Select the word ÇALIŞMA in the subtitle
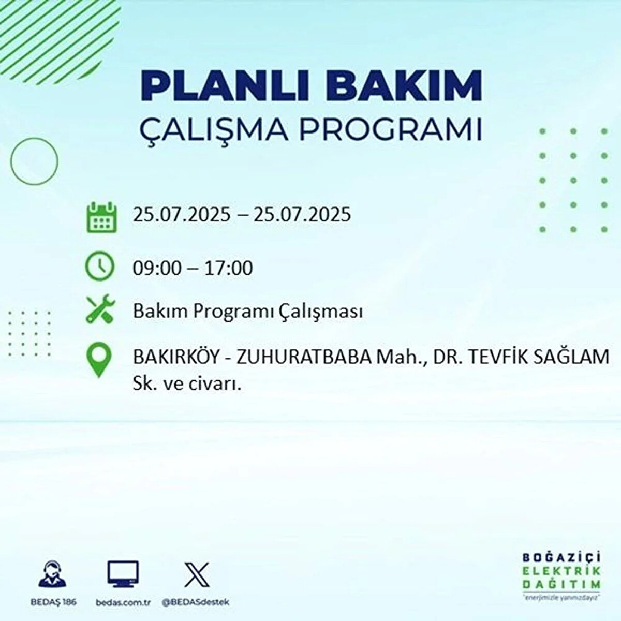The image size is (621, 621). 213,130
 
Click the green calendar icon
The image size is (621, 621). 102,217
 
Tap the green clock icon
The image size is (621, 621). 99,266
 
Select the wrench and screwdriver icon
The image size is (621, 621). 100,308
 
